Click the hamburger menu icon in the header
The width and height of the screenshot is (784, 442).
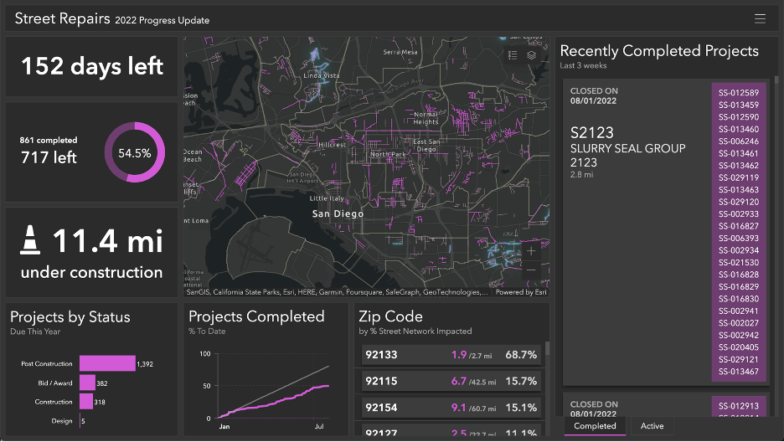[760, 18]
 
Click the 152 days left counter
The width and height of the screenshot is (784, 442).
[92, 66]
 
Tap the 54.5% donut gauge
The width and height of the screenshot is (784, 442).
[134, 152]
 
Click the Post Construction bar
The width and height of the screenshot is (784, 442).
[107, 363]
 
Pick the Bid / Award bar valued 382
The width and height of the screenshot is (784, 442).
[88, 383]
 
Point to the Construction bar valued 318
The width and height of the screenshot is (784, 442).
[86, 402]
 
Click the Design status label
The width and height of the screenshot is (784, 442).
[62, 421]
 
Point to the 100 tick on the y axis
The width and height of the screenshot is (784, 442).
[204, 354]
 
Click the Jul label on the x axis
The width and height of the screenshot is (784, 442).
[319, 426]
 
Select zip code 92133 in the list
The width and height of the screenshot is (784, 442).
[379, 355]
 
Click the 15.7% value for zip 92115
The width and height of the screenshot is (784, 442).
[521, 381]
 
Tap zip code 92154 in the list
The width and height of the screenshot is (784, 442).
[379, 408]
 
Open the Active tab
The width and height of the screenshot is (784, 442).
[652, 426]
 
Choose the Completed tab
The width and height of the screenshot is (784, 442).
[595, 426]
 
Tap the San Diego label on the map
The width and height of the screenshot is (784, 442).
[338, 213]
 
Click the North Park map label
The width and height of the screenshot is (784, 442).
[388, 154]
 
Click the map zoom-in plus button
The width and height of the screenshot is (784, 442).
[530, 250]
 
